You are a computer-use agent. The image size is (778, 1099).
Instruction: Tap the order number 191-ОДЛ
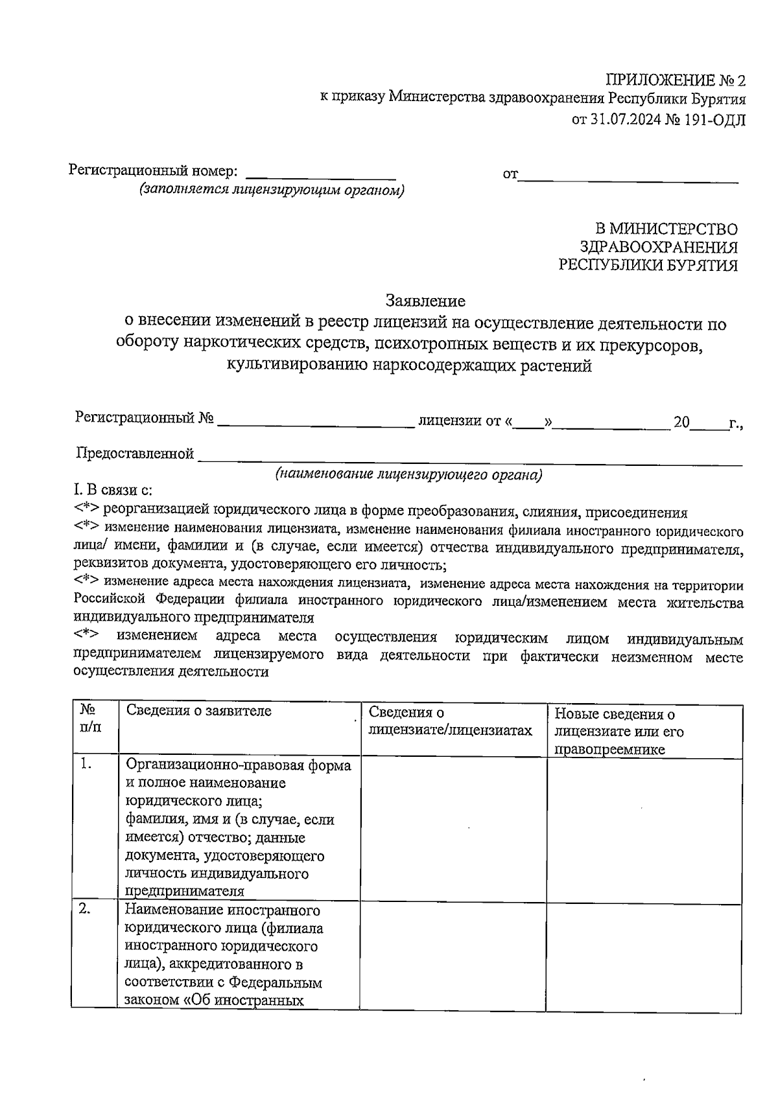click(714, 119)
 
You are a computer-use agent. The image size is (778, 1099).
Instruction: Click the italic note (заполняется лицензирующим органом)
click(271, 190)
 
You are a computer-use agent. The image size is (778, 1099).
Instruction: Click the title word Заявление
click(425, 301)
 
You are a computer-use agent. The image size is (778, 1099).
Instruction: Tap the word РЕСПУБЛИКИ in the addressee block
click(606, 265)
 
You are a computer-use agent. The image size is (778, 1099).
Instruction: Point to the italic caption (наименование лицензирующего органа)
click(408, 474)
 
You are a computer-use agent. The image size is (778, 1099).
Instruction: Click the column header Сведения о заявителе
click(198, 711)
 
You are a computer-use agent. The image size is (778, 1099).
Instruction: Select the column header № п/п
click(90, 718)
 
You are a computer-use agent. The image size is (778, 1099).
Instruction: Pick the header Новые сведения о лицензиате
click(619, 731)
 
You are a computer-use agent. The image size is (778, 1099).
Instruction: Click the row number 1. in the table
click(86, 764)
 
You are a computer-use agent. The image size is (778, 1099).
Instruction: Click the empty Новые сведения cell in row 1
click(644, 829)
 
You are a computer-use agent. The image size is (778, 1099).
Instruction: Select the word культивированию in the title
click(297, 365)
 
